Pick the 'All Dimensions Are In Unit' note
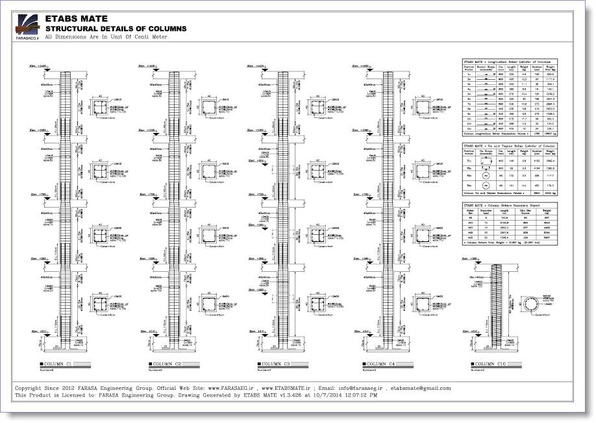(x=107, y=37)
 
